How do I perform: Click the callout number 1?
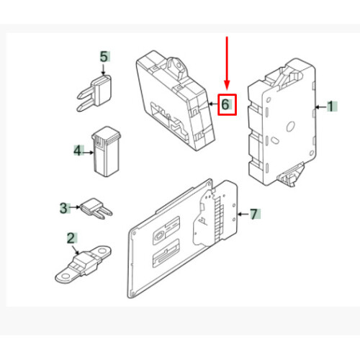click(x=330, y=107)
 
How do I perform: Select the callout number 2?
click(x=71, y=238)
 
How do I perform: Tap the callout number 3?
click(x=63, y=208)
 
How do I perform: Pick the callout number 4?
click(x=77, y=150)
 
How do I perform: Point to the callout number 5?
click(x=104, y=57)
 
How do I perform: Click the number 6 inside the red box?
click(x=225, y=104)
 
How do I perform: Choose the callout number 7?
click(x=253, y=214)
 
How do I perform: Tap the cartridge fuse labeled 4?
click(x=106, y=152)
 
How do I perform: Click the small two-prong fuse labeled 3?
click(x=96, y=208)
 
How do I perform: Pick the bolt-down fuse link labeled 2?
click(x=83, y=264)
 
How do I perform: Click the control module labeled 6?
click(x=175, y=101)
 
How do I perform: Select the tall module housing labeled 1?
click(x=282, y=122)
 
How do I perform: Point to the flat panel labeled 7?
click(x=182, y=239)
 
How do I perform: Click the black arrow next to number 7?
click(x=243, y=214)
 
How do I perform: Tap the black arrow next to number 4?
click(x=88, y=152)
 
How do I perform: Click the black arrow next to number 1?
click(x=321, y=107)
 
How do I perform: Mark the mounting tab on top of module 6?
click(x=178, y=67)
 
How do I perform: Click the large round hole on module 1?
click(x=291, y=126)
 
